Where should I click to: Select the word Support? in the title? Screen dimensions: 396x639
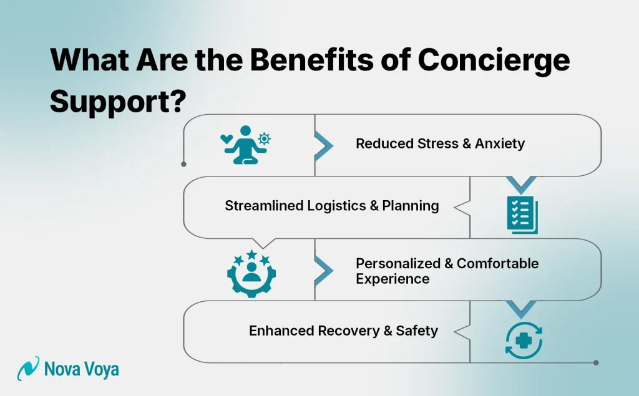pyautogui.click(x=117, y=100)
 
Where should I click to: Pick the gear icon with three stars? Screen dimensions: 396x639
pyautogui.click(x=251, y=273)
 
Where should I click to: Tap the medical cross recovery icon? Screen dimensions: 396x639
pyautogui.click(x=523, y=340)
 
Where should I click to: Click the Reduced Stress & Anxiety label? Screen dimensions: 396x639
pyautogui.click(x=440, y=144)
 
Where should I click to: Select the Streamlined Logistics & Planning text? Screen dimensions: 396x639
pyautogui.click(x=331, y=206)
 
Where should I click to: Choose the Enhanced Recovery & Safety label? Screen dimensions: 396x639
pyautogui.click(x=343, y=331)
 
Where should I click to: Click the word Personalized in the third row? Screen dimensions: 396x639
pyautogui.click(x=398, y=263)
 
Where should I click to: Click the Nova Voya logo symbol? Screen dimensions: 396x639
pyautogui.click(x=28, y=369)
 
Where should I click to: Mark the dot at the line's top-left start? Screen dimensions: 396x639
pyautogui.click(x=183, y=165)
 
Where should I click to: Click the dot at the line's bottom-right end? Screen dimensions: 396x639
pyautogui.click(x=596, y=362)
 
